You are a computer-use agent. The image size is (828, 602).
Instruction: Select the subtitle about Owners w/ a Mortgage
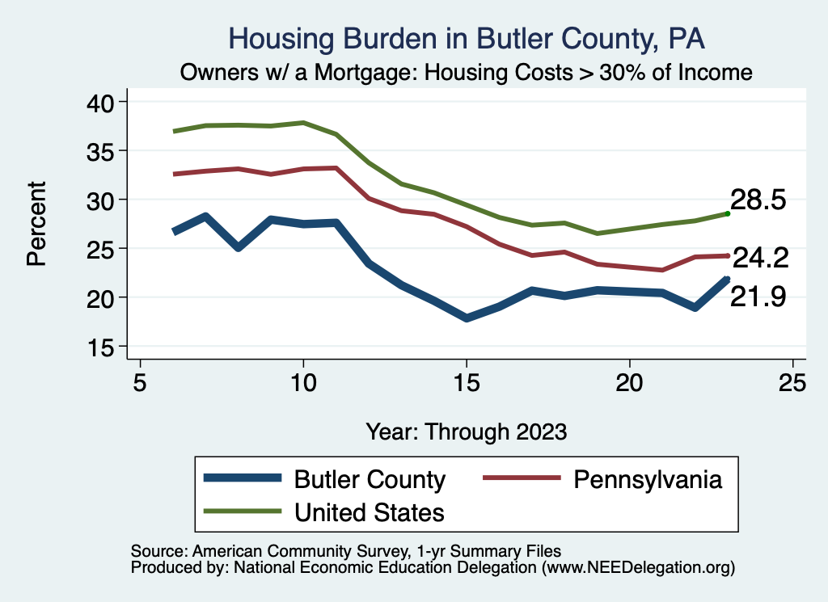[x=467, y=72]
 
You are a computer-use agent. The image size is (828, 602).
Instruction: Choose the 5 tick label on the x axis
[x=141, y=383]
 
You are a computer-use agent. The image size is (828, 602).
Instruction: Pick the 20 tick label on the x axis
[x=629, y=383]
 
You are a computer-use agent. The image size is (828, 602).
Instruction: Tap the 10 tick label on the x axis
[x=303, y=383]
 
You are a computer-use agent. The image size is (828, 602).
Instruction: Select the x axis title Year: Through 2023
[x=466, y=430]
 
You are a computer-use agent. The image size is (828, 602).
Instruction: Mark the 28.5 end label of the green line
[x=758, y=200]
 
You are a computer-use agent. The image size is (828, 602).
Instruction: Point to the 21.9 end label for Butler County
[x=758, y=297]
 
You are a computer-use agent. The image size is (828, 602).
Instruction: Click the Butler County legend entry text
[x=370, y=479]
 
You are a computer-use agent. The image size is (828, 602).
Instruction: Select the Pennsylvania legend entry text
[x=647, y=479]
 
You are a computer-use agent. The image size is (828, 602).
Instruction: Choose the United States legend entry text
[x=370, y=512]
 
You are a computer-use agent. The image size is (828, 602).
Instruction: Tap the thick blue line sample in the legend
[x=243, y=478]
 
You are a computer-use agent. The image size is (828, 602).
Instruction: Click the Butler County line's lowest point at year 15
[x=467, y=318]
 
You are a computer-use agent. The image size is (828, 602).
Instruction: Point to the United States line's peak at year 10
[x=303, y=123]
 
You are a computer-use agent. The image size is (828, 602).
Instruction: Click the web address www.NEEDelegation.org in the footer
[x=638, y=567]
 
